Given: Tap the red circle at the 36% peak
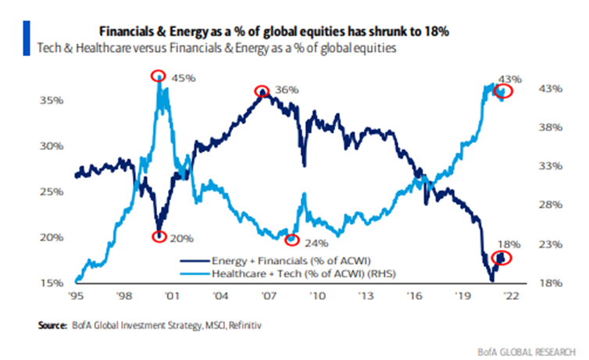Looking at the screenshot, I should pyautogui.click(x=262, y=92).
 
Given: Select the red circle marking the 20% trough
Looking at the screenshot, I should pyautogui.click(x=159, y=236).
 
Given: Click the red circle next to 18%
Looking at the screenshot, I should pyautogui.click(x=503, y=258).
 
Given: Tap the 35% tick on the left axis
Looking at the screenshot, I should pyautogui.click(x=52, y=101).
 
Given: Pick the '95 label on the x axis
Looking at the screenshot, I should pyautogui.click(x=77, y=297).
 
